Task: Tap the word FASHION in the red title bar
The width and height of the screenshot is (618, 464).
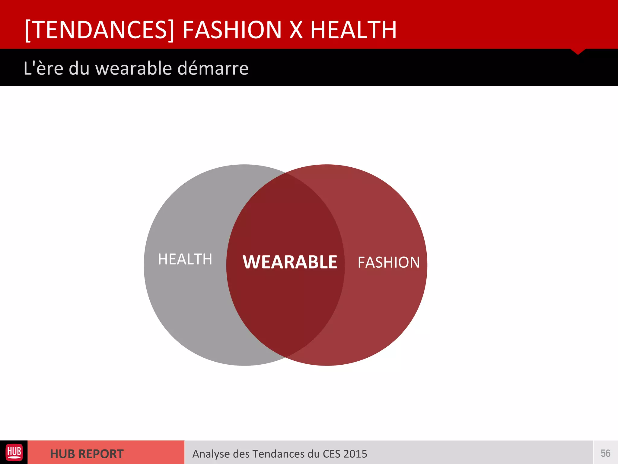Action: click(x=232, y=30)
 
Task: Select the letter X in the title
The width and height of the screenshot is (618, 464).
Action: click(x=296, y=30)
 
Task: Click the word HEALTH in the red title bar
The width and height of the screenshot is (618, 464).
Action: click(x=353, y=30)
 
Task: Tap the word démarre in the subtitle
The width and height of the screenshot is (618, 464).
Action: click(x=213, y=68)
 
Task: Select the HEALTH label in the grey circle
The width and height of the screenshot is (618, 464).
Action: click(x=185, y=259)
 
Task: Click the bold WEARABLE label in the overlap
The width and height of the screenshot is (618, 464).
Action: click(x=290, y=262)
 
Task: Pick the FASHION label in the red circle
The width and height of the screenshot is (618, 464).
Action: click(x=389, y=262)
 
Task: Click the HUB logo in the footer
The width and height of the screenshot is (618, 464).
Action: click(x=14, y=453)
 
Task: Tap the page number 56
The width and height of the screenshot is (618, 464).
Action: click(x=605, y=453)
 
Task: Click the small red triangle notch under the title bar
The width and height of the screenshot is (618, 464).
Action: click(x=578, y=51)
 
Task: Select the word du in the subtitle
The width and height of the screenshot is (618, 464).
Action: click(x=79, y=68)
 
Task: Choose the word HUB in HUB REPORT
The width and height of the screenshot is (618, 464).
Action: click(x=62, y=454)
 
